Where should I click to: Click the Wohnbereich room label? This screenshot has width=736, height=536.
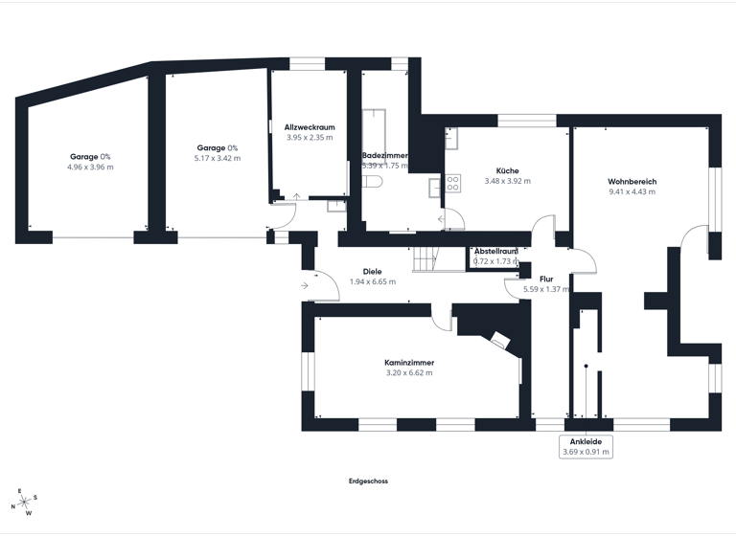click(x=632, y=181)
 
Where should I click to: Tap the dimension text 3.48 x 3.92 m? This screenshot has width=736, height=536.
click(x=507, y=181)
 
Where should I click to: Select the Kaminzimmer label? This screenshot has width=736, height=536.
click(x=408, y=363)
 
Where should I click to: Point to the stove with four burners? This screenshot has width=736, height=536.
click(x=452, y=187)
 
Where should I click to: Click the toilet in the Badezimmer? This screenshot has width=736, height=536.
click(x=375, y=181)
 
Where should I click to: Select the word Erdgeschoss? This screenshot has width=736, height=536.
click(x=368, y=481)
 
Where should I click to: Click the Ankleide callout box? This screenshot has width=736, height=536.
click(x=586, y=446)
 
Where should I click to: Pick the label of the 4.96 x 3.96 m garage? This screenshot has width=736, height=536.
click(x=90, y=156)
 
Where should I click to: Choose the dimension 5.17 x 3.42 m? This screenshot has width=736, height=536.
click(x=217, y=158)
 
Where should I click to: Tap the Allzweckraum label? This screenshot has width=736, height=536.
click(x=310, y=126)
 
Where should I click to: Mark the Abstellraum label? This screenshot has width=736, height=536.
click(x=495, y=251)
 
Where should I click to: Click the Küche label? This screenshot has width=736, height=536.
click(x=507, y=170)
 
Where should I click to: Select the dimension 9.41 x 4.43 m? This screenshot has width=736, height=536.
click(x=632, y=191)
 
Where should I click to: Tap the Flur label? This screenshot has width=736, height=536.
click(x=546, y=279)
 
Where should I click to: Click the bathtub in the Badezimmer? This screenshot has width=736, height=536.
click(x=373, y=129)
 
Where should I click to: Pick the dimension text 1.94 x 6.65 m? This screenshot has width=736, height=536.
click(x=372, y=281)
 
